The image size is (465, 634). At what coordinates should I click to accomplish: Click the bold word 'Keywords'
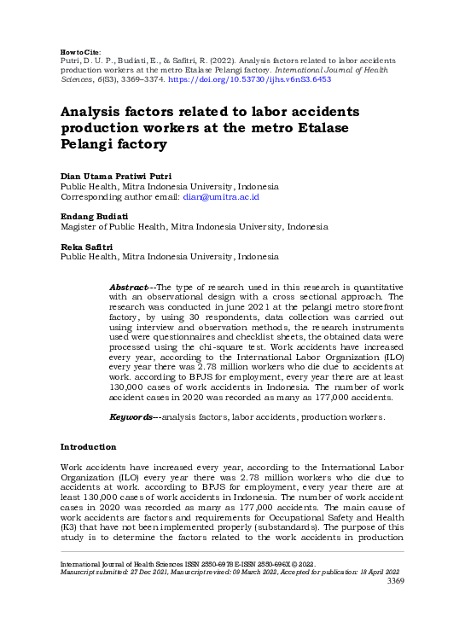click(130, 417)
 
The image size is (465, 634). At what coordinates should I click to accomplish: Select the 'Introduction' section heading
click(89, 447)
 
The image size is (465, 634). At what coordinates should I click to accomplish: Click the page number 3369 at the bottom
click(390, 581)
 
